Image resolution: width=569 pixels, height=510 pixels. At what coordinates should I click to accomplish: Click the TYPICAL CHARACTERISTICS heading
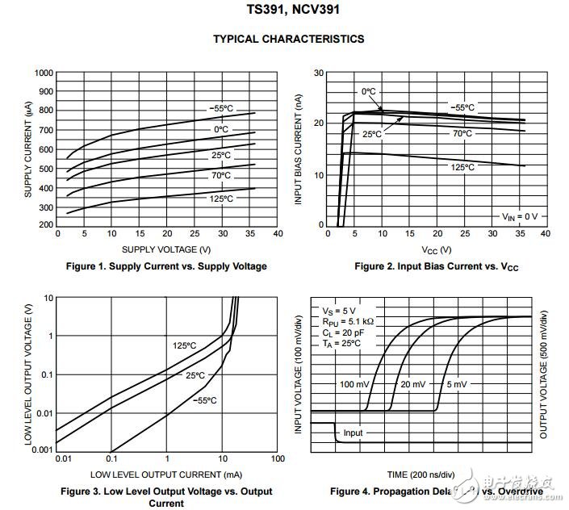tap(288, 39)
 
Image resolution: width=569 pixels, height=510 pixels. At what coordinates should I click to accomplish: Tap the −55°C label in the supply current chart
tap(222, 107)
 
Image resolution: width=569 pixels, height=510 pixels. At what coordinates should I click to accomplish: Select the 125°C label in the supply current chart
tap(222, 199)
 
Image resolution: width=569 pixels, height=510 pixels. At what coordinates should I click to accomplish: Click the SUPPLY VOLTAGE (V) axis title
tap(167, 249)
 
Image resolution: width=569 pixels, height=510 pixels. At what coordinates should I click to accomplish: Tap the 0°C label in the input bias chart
tap(370, 91)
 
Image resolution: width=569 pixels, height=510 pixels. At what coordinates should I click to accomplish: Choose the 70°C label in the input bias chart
tap(462, 133)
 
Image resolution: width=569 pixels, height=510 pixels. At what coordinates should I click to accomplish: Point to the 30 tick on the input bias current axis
tap(319, 73)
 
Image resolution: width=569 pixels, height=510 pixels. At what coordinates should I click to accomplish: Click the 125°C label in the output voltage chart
tap(184, 345)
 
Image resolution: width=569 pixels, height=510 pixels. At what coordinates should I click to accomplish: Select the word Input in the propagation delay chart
tap(353, 433)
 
